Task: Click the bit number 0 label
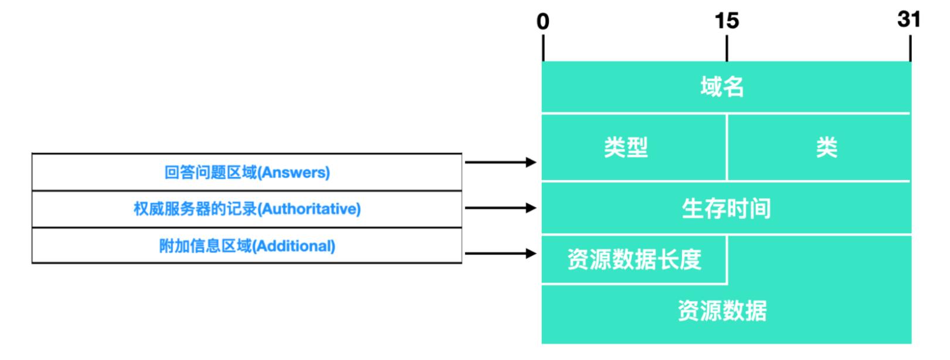click(543, 22)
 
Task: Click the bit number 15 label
click(727, 22)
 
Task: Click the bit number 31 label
click(908, 19)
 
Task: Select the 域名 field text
click(722, 87)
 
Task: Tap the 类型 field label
click(626, 147)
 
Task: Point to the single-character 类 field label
click(826, 147)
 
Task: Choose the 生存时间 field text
click(726, 209)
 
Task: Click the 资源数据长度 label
click(634, 259)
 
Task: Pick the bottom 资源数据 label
click(722, 311)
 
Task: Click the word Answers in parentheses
click(294, 172)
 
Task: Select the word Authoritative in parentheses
click(310, 209)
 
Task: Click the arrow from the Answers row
click(500, 162)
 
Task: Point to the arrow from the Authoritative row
click(500, 208)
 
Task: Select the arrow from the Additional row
click(500, 253)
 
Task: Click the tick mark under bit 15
click(727, 48)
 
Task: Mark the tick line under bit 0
click(543, 48)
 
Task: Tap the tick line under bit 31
click(910, 48)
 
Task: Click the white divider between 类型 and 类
click(727, 147)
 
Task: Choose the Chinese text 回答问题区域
click(210, 172)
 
